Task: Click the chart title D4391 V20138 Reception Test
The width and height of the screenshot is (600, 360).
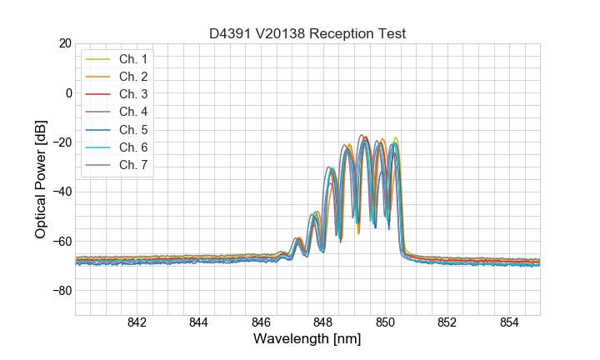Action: tap(307, 33)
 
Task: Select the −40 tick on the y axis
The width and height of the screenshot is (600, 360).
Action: tap(62, 192)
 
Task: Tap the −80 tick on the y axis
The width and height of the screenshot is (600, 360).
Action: tap(62, 291)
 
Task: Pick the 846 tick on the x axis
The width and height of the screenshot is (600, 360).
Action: tap(261, 323)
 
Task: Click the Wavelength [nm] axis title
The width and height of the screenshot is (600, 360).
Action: tap(307, 339)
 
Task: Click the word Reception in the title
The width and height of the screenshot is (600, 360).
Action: tap(342, 33)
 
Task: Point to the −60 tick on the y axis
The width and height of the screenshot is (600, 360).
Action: tap(62, 242)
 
